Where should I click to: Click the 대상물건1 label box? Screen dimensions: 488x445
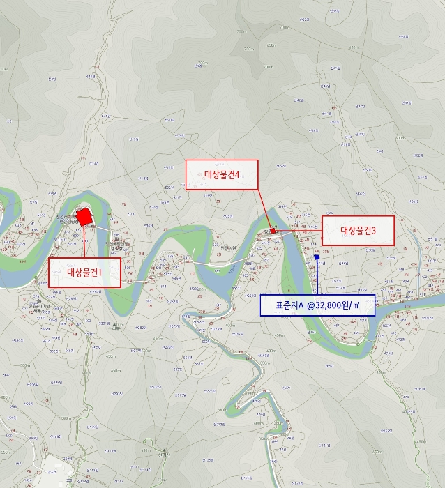84,272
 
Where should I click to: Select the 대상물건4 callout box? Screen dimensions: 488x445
222,174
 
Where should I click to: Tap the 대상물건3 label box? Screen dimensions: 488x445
358,230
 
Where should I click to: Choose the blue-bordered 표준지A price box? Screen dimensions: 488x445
317,305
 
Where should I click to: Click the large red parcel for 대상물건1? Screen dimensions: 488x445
84,217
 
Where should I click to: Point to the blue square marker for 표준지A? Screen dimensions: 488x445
317,257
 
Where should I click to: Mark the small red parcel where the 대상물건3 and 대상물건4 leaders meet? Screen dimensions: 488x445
273,230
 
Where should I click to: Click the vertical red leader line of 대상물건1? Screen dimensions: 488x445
84,241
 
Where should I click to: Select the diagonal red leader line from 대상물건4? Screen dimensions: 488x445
264,208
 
